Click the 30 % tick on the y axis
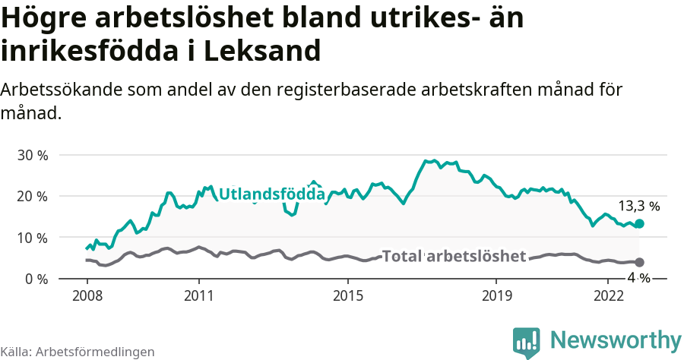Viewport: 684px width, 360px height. click(x=32, y=155)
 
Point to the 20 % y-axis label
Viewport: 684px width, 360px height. click(x=32, y=196)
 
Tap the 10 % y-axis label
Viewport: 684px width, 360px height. click(x=32, y=238)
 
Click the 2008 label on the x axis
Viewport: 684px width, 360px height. click(x=87, y=295)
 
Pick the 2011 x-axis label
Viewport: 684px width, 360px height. click(x=198, y=295)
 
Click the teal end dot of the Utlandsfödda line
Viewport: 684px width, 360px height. click(x=639, y=224)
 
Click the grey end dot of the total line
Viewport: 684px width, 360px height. click(x=639, y=262)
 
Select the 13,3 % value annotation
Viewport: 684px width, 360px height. click(x=638, y=206)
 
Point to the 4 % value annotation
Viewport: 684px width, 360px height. click(x=638, y=278)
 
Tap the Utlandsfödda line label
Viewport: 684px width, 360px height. click(x=272, y=195)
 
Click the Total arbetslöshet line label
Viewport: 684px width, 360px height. click(x=454, y=256)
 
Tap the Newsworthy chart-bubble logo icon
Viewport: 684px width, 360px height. click(x=527, y=341)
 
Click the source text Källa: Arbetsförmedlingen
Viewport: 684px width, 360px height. click(x=78, y=352)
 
